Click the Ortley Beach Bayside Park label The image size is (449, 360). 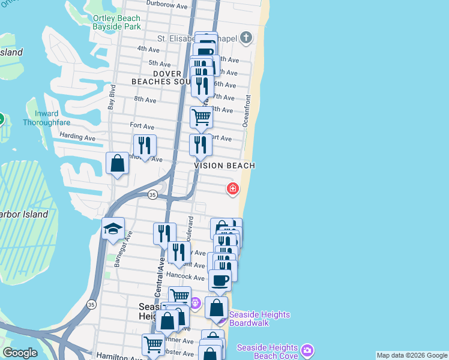click(x=116, y=22)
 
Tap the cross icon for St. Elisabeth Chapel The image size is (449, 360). click(x=245, y=38)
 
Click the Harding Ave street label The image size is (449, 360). click(x=77, y=137)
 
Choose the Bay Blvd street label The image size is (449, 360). click(x=111, y=100)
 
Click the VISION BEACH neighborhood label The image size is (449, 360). click(x=224, y=166)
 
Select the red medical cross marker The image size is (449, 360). click(x=232, y=189)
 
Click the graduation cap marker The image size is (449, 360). click(x=113, y=229)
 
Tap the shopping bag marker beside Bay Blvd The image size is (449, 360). click(x=118, y=163)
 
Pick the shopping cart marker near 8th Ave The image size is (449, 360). click(x=201, y=116)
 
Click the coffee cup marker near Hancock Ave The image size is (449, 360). click(x=220, y=280)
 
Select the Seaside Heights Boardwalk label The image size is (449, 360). click(x=259, y=319)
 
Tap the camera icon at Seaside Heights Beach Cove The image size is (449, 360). click(x=307, y=349)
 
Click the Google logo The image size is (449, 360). click(x=20, y=353)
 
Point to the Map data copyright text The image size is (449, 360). click(x=412, y=355)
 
